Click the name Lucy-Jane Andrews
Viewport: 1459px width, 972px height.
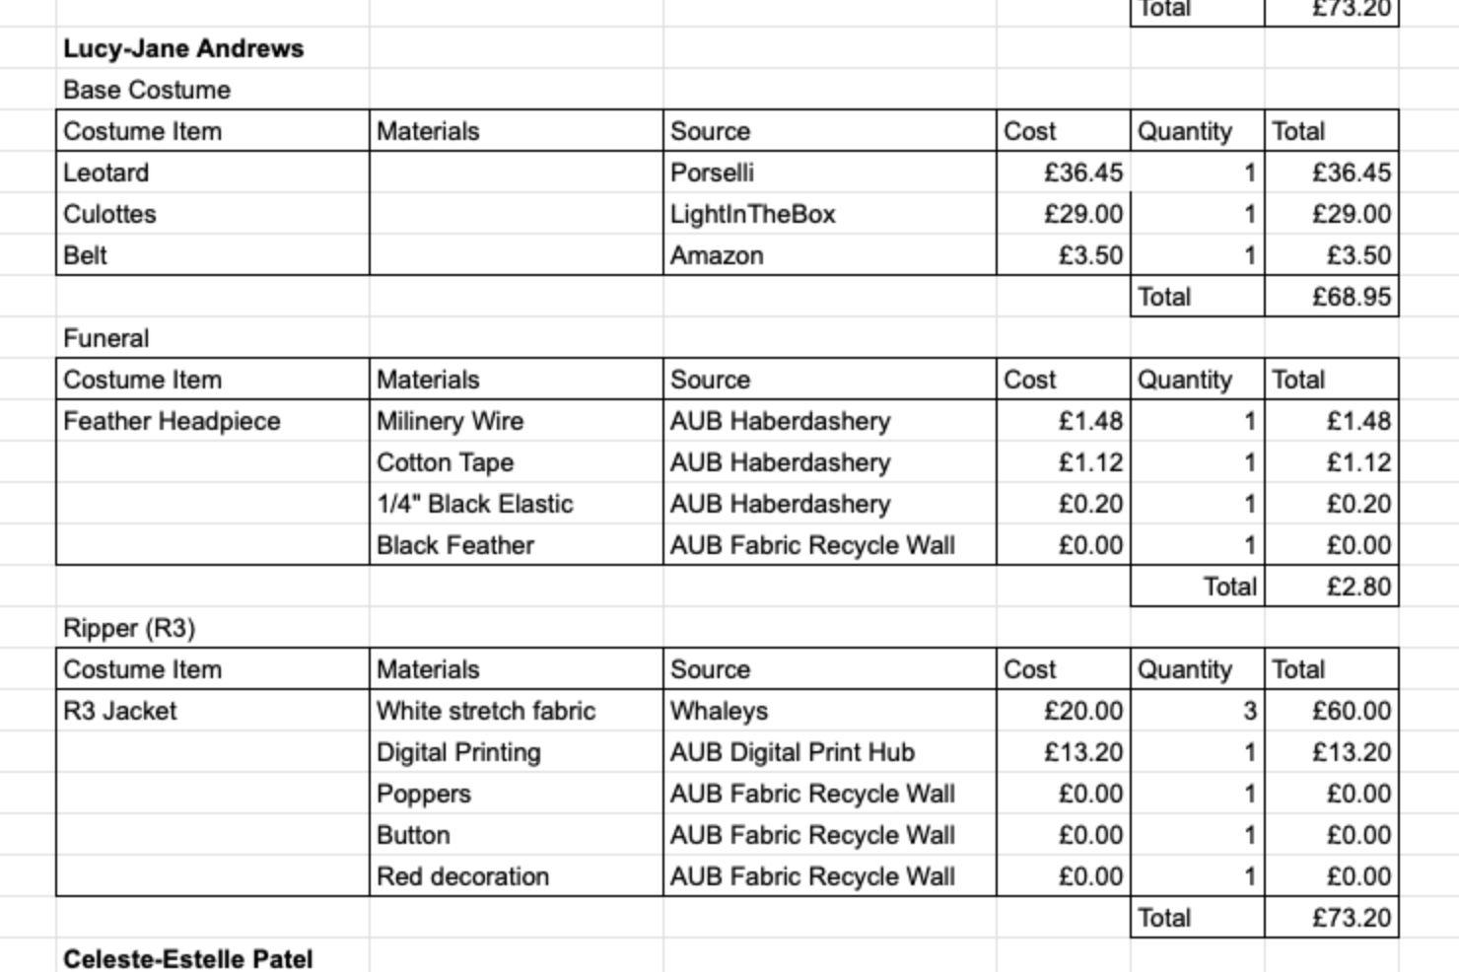pos(183,48)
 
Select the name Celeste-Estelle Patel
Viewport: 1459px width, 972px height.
pos(187,958)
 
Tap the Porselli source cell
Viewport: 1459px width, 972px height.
pos(712,173)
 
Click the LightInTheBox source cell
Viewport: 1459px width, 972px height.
pos(752,214)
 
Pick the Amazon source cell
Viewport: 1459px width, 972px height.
pos(717,255)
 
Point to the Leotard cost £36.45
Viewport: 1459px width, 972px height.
pos(1082,173)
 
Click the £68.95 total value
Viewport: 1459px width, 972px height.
pos(1351,297)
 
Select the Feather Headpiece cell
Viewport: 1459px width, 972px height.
pos(172,421)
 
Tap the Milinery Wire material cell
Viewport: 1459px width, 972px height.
pos(450,421)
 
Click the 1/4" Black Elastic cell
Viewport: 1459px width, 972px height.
pos(474,504)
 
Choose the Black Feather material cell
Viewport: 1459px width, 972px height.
pos(454,545)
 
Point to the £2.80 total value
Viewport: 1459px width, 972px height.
pos(1358,587)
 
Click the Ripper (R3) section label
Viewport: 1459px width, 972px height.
pos(129,628)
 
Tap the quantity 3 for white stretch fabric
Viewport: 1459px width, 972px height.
pos(1249,711)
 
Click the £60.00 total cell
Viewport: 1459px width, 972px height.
pos(1351,711)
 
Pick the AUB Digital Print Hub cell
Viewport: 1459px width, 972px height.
pos(792,752)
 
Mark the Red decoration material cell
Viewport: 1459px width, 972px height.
pos(462,876)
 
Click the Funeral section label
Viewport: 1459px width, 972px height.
pos(105,338)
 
